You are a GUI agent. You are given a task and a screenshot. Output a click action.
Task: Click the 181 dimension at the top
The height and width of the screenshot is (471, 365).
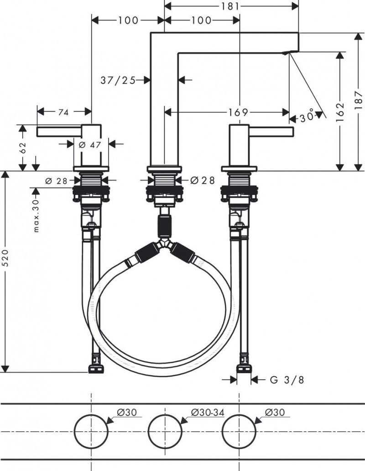tap(232, 6)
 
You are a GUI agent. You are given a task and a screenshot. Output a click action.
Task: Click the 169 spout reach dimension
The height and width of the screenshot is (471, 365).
tap(238, 112)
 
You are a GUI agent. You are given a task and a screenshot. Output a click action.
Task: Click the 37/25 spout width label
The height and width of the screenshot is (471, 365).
tap(118, 80)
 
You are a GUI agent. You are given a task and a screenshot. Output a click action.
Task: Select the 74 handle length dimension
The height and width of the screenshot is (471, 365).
tap(64, 111)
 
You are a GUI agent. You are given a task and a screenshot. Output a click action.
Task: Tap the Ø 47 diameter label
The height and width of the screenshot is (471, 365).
tap(89, 144)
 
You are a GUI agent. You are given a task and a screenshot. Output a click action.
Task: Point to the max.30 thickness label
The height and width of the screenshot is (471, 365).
tap(37, 215)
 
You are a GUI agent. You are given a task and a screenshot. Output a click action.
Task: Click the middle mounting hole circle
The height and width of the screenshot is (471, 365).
tap(165, 431)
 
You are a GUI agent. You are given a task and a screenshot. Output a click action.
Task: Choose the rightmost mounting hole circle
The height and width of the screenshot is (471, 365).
tap(238, 431)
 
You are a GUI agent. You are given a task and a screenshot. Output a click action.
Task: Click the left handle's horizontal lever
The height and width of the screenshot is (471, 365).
tap(59, 132)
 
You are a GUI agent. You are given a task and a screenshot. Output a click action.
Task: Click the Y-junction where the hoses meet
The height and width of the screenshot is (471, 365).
tap(165, 245)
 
